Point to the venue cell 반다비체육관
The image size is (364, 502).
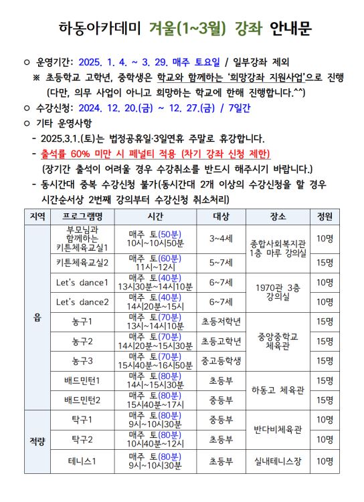278,430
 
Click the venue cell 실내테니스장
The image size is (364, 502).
278,461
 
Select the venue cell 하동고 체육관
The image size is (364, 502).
278,391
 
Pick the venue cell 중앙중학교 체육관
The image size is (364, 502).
278,342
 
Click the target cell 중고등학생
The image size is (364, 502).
221,362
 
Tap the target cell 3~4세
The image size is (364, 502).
221,238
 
